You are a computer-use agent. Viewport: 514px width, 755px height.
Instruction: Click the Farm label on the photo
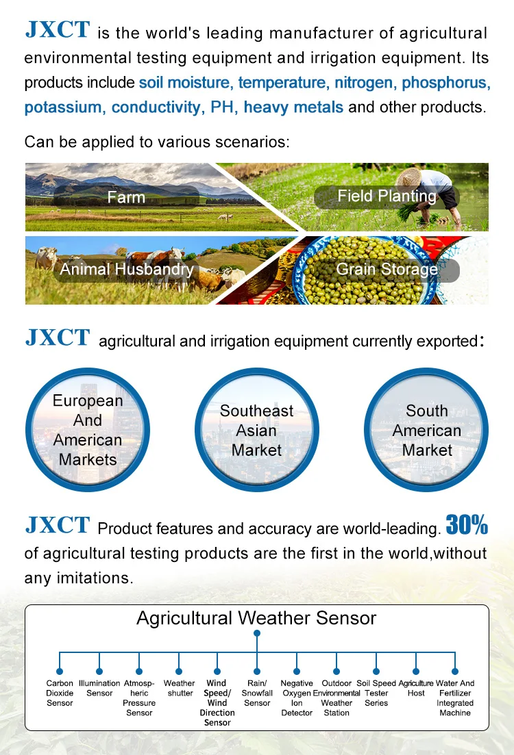[x=126, y=197]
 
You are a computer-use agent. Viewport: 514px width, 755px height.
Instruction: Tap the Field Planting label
[x=387, y=196]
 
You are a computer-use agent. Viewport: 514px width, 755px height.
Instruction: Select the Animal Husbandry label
[x=126, y=269]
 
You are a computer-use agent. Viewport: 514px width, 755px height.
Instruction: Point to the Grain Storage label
[x=387, y=269]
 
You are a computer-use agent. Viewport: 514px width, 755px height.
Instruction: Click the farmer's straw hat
[x=408, y=177]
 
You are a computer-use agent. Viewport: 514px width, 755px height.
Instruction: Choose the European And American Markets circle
[x=88, y=429]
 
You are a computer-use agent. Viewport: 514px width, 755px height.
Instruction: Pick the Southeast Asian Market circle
[x=257, y=429]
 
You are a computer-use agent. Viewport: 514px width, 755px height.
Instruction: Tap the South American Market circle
[x=426, y=429]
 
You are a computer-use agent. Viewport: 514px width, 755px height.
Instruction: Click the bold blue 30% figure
[x=467, y=525]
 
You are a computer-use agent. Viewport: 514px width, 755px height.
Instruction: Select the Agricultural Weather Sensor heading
[x=256, y=618]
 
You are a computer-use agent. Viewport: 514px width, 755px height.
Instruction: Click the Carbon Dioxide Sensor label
[x=60, y=693]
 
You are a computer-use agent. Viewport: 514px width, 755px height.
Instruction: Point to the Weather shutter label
[x=179, y=688]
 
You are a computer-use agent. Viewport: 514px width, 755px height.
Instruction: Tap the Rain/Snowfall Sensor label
[x=257, y=693]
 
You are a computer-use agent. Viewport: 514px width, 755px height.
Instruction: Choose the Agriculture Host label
[x=415, y=688]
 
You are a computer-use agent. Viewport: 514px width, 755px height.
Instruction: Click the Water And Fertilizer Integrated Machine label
[x=454, y=698]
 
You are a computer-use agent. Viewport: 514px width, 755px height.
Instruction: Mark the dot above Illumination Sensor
[x=99, y=671]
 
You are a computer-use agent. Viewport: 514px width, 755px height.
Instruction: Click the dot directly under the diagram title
[x=257, y=633]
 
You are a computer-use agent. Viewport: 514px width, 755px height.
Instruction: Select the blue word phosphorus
[x=446, y=83]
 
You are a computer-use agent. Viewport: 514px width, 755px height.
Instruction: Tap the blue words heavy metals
[x=293, y=107]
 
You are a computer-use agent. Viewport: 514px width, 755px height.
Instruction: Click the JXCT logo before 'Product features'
[x=58, y=525]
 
